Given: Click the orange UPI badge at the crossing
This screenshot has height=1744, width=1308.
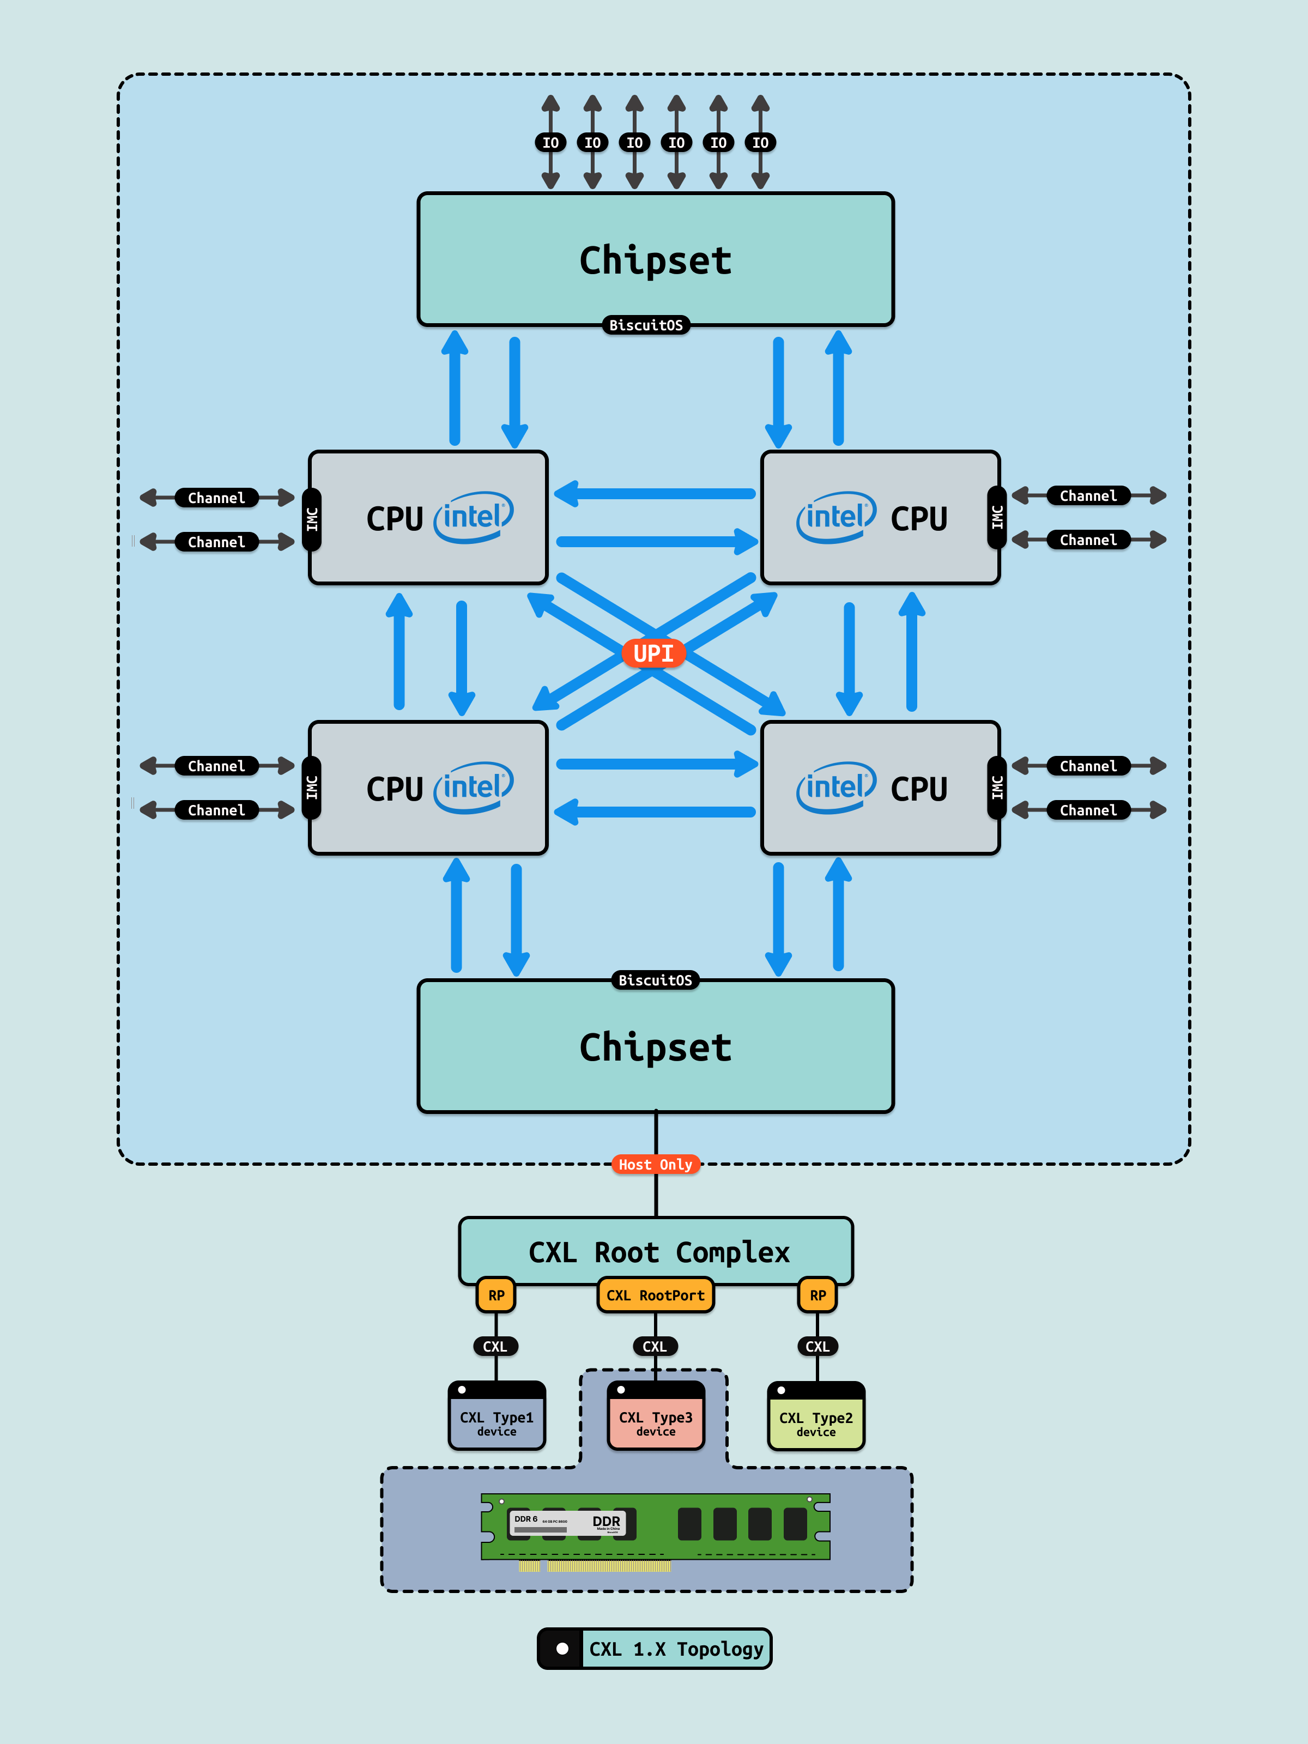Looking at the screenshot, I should click(653, 653).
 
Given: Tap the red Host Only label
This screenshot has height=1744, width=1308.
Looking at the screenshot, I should click(655, 1165).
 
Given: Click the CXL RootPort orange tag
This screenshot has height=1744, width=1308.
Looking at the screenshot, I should click(655, 1295).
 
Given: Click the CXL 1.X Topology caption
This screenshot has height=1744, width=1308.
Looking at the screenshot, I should click(676, 1649).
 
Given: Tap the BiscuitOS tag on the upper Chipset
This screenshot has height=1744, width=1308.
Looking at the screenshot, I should click(646, 325).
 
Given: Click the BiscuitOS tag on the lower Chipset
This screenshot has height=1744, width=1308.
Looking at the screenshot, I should click(655, 980).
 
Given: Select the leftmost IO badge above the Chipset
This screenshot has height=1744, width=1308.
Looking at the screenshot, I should click(550, 143).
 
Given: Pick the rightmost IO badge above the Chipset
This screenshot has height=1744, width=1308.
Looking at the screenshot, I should click(760, 143).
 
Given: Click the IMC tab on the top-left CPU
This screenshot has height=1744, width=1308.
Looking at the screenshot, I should click(312, 519).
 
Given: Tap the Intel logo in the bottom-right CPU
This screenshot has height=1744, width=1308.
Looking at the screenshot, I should click(835, 787).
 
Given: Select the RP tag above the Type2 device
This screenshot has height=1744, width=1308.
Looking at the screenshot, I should click(818, 1295).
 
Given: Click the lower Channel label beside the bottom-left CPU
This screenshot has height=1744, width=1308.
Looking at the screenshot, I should click(216, 810).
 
